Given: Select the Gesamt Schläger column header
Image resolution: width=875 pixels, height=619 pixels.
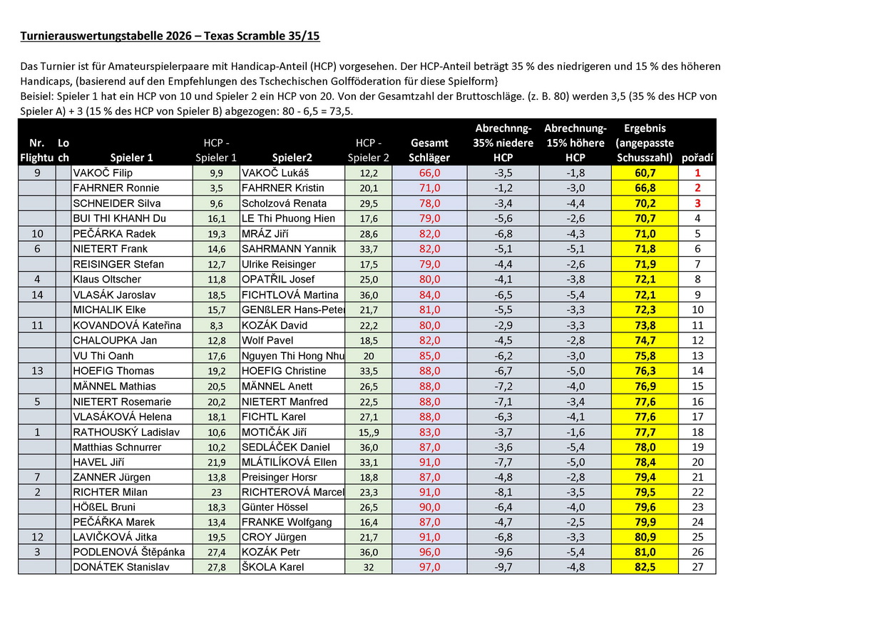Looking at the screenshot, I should tap(429, 150).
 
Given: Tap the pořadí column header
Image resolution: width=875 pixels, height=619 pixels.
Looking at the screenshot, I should tap(697, 158).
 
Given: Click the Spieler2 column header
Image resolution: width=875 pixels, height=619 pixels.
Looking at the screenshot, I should tap(292, 158).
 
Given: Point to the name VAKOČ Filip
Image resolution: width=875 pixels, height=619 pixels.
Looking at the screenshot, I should tap(103, 173).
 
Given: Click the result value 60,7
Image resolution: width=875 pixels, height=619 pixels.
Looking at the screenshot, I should tap(645, 173).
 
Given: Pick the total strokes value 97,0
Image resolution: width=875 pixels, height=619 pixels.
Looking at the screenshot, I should tap(429, 568).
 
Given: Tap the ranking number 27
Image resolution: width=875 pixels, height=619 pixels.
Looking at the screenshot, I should tap(697, 568).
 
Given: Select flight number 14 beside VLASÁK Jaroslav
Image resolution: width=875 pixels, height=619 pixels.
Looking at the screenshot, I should tap(37, 295).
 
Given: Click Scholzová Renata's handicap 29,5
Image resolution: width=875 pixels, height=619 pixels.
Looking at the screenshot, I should tap(368, 203).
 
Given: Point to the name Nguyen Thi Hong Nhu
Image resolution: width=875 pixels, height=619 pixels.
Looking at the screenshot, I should tap(292, 356).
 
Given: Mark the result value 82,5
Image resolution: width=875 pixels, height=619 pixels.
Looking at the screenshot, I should tap(645, 568).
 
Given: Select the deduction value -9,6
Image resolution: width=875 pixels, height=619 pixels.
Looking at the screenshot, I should tap(503, 552).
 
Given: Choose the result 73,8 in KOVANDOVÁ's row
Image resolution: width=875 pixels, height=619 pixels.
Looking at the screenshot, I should tap(645, 325).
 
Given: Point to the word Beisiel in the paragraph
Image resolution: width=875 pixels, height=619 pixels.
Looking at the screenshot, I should tap(38, 96).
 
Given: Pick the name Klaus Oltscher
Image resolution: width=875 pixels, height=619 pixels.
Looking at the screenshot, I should tap(107, 280).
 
